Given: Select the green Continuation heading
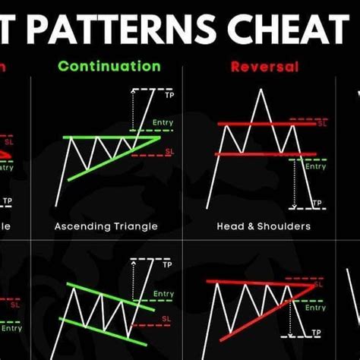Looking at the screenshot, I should click(x=109, y=65).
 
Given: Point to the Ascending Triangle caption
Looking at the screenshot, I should click(x=106, y=226).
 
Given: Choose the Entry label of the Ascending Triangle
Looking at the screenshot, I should click(x=163, y=123).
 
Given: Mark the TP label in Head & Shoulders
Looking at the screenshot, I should click(x=317, y=204).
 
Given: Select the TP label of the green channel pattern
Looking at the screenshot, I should click(x=169, y=261).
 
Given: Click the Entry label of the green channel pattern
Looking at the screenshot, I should click(x=163, y=293).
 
